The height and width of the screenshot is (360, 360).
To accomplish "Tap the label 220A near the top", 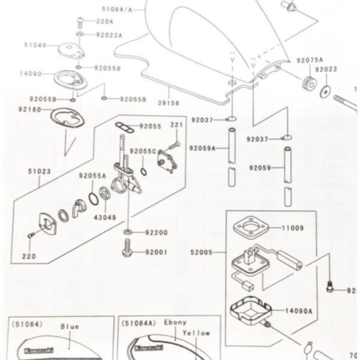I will tap(105, 22).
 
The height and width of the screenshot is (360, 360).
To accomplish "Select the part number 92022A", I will tap(109, 35).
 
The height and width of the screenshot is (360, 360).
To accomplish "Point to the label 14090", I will tap(30, 74).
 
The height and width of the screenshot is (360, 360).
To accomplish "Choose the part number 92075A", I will tap(310, 61).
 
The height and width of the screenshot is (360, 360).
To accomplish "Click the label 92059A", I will tap(202, 148).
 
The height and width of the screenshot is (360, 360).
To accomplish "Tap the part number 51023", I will tap(37, 170).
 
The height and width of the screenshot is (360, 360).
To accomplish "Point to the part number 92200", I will tap(157, 232).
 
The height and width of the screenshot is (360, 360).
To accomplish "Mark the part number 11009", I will tap(293, 228).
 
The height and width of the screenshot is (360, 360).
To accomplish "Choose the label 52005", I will tap(201, 253).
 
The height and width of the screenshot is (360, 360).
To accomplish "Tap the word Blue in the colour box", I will tap(70, 327).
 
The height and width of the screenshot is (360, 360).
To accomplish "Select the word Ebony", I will tap(176, 322).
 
